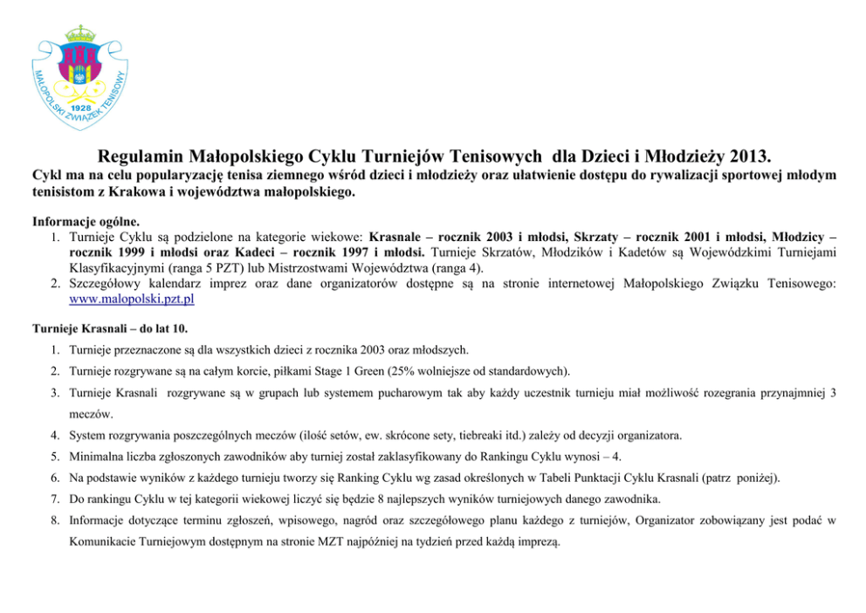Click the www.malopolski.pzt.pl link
[131, 299]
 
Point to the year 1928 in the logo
[82, 106]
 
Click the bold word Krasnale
[397, 236]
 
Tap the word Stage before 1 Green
[320, 369]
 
